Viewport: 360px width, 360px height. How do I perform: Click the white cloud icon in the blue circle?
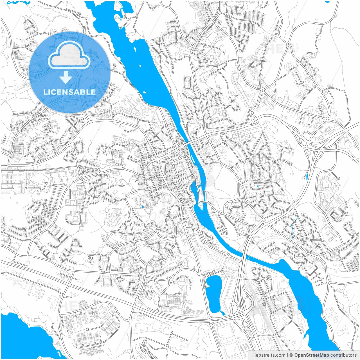[x=69, y=55]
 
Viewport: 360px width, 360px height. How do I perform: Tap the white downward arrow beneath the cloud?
[x=66, y=77]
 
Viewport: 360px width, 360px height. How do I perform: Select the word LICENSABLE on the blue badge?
[x=69, y=92]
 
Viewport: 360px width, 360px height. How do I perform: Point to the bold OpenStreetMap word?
[x=311, y=355]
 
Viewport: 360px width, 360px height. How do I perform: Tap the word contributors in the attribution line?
[x=343, y=355]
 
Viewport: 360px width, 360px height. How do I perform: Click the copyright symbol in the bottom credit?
[x=291, y=355]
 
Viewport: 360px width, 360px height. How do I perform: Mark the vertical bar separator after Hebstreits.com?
[x=287, y=355]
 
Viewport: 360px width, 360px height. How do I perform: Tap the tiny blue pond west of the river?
[x=143, y=207]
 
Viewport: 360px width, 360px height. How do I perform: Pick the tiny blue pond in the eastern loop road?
[x=257, y=186]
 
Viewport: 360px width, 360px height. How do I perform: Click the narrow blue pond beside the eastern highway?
[x=307, y=177]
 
